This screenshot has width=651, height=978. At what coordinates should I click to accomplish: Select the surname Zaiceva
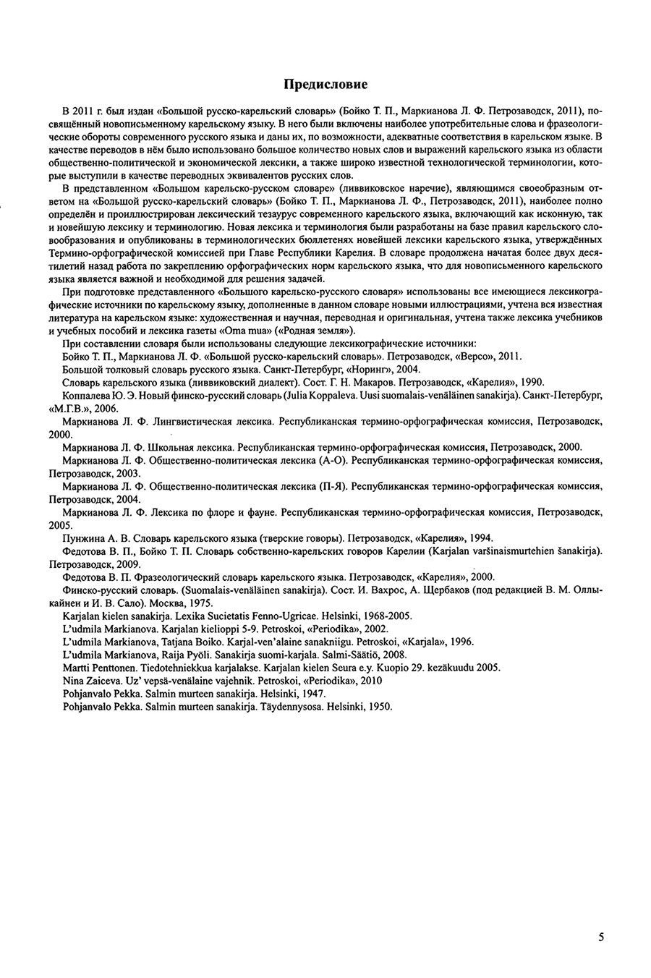pos(107,680)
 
